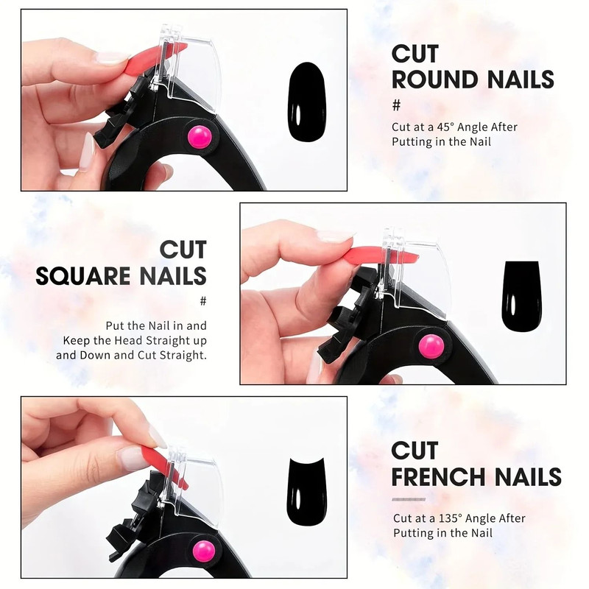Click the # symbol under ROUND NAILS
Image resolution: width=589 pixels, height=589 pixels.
tap(396, 104)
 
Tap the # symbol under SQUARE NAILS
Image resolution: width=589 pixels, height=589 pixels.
tap(202, 301)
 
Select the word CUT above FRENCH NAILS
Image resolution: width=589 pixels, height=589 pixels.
tap(415, 451)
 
